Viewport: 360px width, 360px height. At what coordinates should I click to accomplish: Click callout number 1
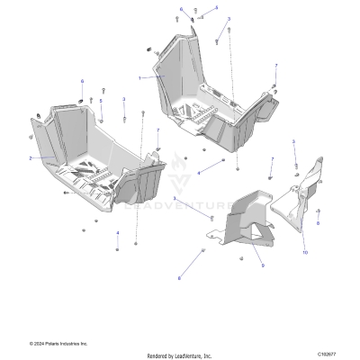pyautogui.click(x=139, y=78)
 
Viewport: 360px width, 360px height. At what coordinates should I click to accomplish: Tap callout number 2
pyautogui.click(x=30, y=157)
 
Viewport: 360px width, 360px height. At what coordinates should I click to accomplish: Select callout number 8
pyautogui.click(x=317, y=222)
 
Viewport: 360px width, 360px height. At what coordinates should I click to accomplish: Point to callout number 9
pyautogui.click(x=262, y=265)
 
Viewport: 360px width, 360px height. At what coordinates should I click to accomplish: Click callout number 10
pyautogui.click(x=304, y=253)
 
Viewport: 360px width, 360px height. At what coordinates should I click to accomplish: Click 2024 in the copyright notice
pyautogui.click(x=39, y=343)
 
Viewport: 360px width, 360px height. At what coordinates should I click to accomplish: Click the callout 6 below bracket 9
pyautogui.click(x=179, y=278)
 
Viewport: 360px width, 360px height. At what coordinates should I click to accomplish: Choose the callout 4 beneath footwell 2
pyautogui.click(x=117, y=233)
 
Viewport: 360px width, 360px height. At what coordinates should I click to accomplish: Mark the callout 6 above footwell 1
pyautogui.click(x=180, y=9)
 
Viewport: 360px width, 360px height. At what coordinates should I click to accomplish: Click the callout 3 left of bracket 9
pyautogui.click(x=175, y=197)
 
